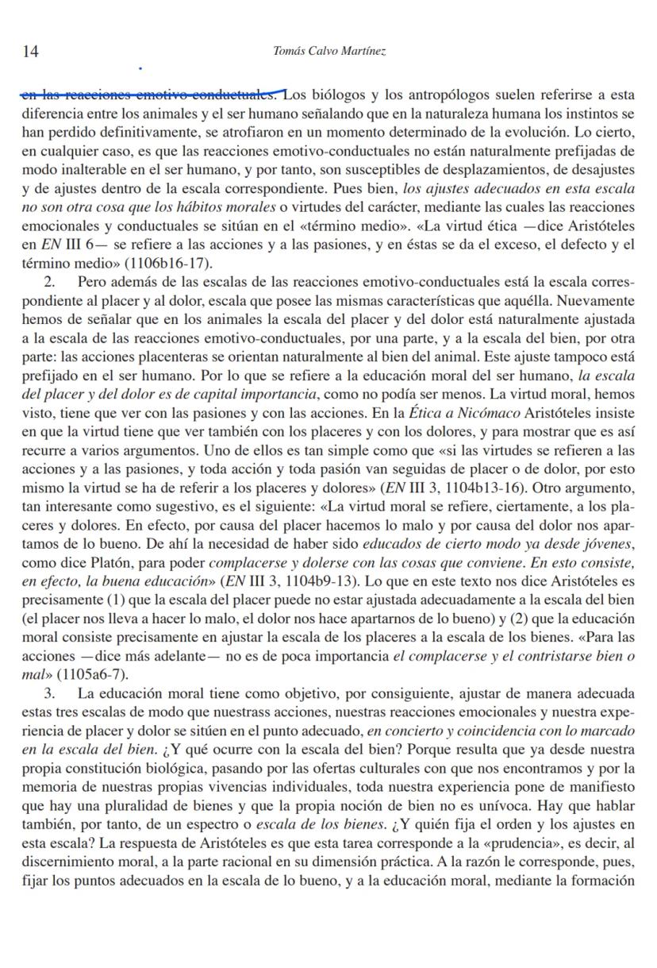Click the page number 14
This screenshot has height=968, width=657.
click(31, 52)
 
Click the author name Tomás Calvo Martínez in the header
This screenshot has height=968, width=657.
click(328, 52)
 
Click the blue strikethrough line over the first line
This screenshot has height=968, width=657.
click(151, 95)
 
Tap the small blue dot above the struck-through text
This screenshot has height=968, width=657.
click(140, 69)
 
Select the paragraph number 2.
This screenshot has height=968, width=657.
click(49, 282)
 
